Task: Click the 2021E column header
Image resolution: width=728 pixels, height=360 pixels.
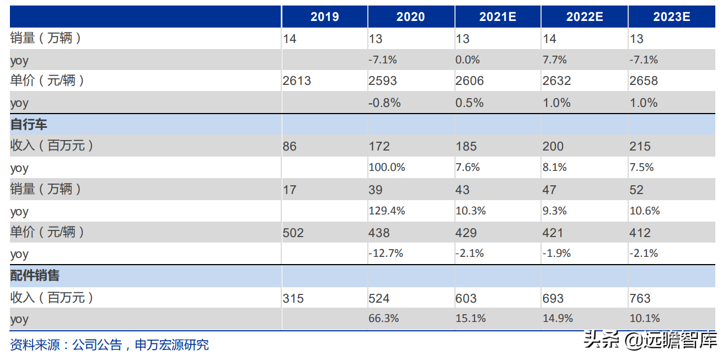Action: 497,17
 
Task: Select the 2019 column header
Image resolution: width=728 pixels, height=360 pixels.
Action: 325,17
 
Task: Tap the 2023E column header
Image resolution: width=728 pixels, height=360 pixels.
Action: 672,17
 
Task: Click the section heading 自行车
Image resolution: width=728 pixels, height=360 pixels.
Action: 29,125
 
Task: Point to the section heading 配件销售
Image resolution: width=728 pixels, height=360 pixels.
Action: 35,276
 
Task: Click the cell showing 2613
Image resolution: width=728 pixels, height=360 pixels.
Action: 297,80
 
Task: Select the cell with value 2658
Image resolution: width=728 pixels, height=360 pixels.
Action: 644,80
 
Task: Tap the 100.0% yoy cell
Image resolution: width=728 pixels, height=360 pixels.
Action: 387,168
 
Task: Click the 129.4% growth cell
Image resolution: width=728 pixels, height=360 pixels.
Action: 387,211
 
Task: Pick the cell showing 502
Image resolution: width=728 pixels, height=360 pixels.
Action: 293,233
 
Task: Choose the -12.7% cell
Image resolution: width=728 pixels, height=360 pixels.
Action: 386,253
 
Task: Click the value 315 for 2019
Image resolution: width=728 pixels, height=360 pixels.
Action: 293,298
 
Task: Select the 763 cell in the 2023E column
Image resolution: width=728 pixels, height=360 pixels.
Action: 640,298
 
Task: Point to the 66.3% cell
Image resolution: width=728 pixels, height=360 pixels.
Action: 383,319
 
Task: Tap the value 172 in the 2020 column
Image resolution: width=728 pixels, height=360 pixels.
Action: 379,146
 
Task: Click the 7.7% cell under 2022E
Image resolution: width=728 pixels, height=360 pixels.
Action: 554,60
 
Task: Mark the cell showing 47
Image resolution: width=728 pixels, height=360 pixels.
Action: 549,190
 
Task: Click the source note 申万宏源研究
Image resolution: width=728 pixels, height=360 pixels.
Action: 172,345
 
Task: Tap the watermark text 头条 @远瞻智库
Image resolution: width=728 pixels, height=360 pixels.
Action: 650,340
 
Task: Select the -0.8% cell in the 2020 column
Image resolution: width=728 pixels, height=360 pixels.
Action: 384,103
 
